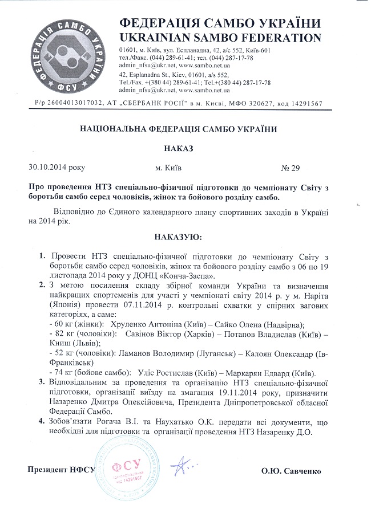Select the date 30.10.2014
tap(47, 168)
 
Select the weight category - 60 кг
tap(54, 323)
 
